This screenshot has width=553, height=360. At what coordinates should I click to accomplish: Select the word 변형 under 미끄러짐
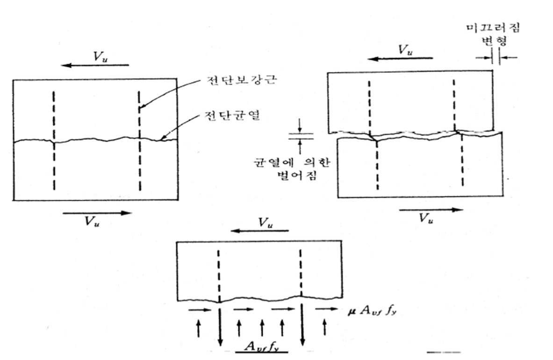click(497, 41)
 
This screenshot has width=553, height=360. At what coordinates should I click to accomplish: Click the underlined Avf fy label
click(262, 346)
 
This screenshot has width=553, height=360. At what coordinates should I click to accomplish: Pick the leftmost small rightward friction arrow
click(196, 309)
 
